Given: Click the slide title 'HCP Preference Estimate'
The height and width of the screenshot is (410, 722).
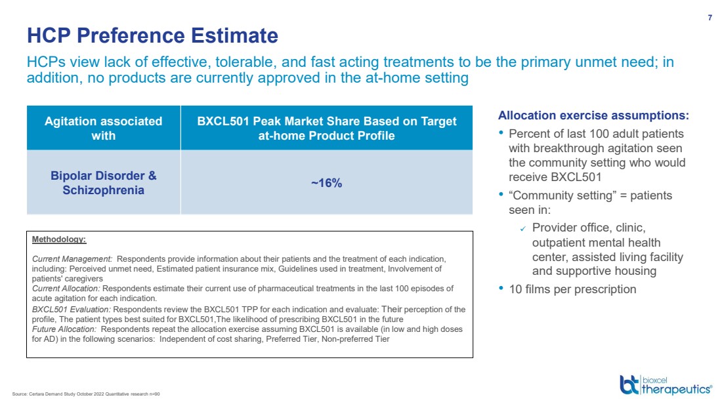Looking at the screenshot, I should pyautogui.click(x=152, y=35).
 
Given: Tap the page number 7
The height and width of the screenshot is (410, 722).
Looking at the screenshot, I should pyautogui.click(x=710, y=18).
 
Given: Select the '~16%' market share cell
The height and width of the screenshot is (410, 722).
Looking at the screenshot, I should pyautogui.click(x=326, y=183).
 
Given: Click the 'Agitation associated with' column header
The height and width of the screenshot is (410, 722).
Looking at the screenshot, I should pyautogui.click(x=103, y=129).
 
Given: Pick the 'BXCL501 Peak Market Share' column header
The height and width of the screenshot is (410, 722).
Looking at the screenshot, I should pyautogui.click(x=327, y=129).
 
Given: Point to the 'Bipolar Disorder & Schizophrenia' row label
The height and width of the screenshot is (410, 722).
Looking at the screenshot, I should pyautogui.click(x=103, y=183).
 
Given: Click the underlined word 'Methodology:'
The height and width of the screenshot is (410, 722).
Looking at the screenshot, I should pyautogui.click(x=59, y=239).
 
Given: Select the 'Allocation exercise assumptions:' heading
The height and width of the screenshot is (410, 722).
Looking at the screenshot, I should pyautogui.click(x=593, y=115).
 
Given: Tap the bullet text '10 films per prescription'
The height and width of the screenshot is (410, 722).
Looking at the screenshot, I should pyautogui.click(x=572, y=289).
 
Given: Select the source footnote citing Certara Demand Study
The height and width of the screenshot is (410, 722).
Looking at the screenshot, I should pyautogui.click(x=86, y=394).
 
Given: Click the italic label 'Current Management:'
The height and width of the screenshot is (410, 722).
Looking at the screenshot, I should pyautogui.click(x=72, y=259).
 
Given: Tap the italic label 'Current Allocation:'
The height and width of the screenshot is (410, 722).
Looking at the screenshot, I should pyautogui.click(x=66, y=288).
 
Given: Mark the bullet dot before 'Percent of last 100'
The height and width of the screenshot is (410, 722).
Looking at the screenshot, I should pyautogui.click(x=502, y=133).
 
